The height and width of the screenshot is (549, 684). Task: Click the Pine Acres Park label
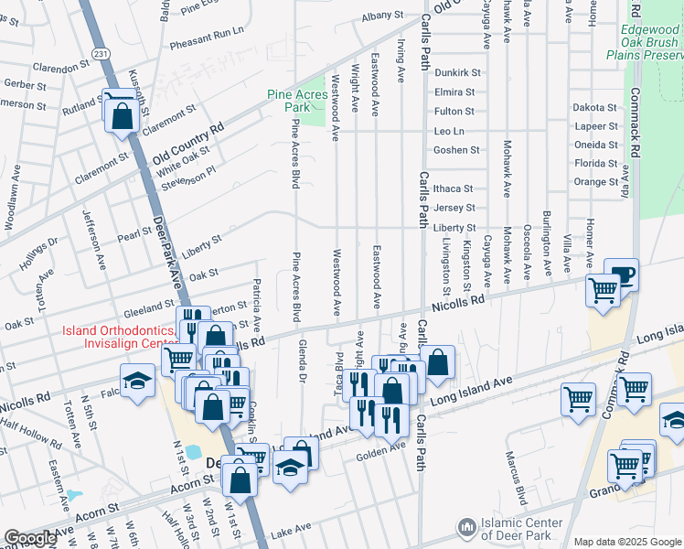[297, 101]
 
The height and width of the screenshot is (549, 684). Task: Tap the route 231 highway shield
[102, 54]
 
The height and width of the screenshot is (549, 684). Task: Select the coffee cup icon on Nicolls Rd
[621, 274]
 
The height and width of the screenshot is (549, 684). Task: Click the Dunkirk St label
[456, 72]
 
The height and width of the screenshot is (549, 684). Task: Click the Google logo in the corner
[29, 538]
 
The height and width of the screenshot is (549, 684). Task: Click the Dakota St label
[595, 107]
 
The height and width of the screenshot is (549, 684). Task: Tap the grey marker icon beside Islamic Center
[467, 528]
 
